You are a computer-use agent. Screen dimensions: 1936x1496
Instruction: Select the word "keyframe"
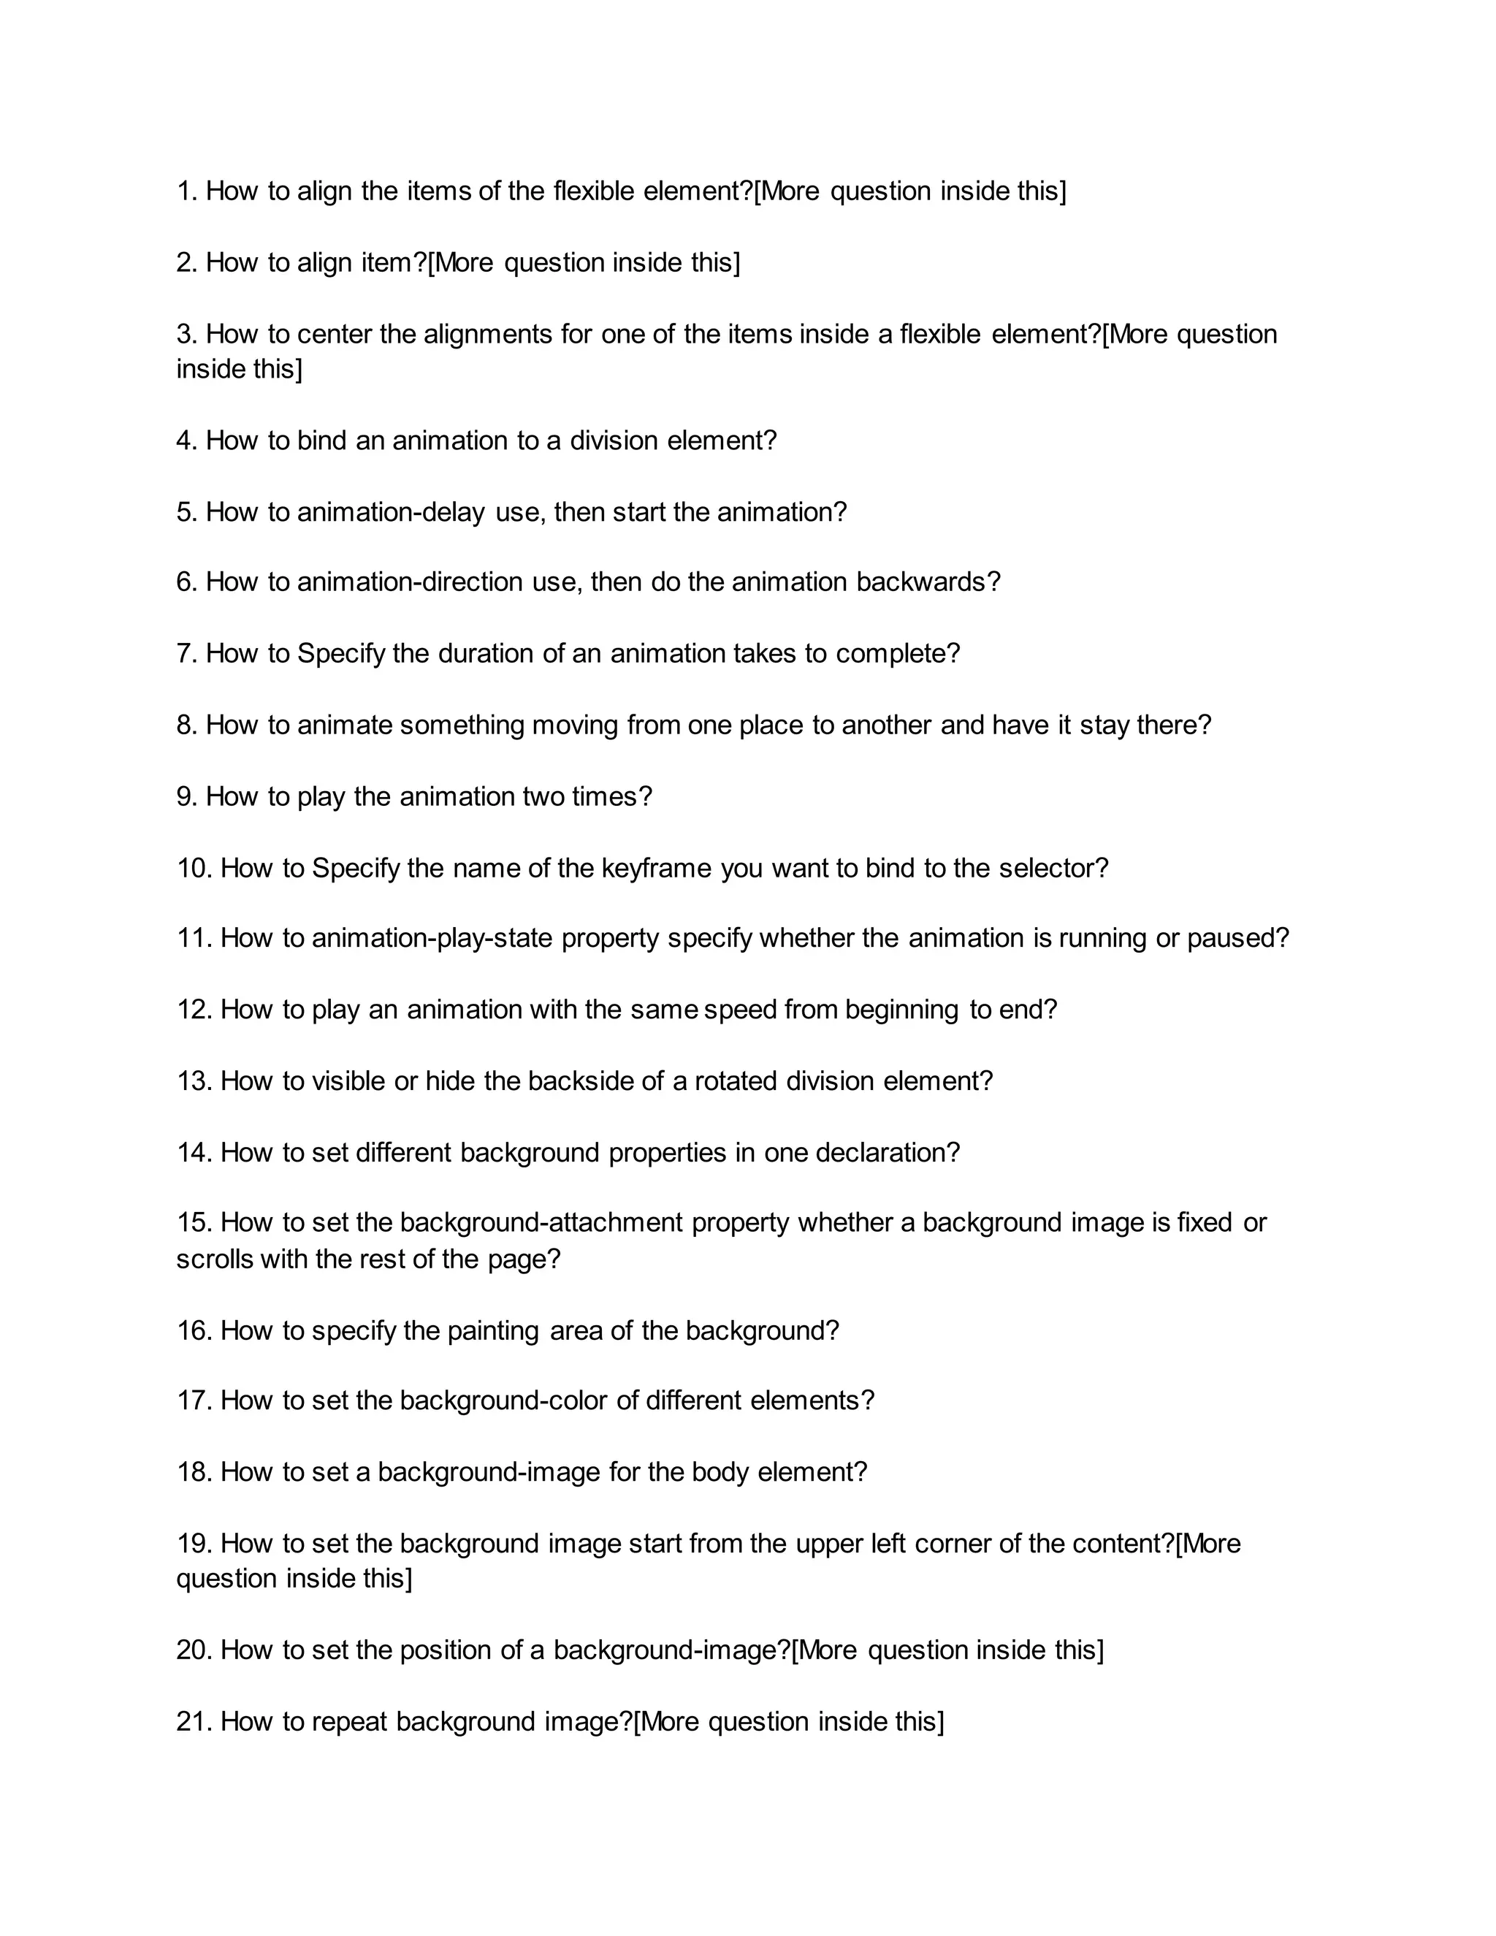click(x=656, y=868)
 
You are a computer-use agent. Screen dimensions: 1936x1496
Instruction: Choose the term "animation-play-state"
click(x=432, y=939)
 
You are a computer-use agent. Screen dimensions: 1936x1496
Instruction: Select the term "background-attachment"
click(x=541, y=1223)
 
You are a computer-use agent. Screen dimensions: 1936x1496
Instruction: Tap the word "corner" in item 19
click(x=952, y=1544)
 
